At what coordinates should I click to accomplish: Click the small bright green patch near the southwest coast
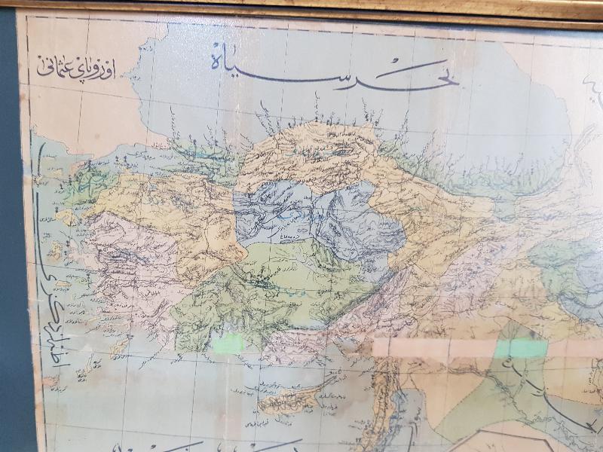pyautogui.click(x=228, y=344)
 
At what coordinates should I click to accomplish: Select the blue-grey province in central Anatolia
pyautogui.click(x=317, y=215)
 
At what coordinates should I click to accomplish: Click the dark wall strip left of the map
pyautogui.click(x=9, y=226)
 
